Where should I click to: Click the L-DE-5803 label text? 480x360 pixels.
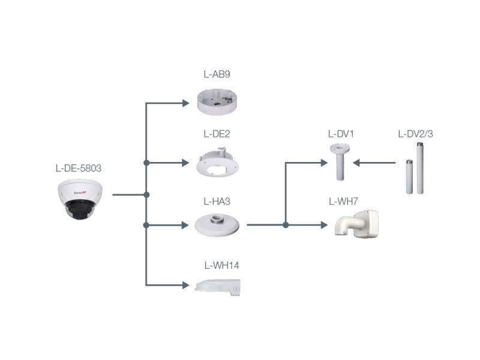pyautogui.click(x=78, y=168)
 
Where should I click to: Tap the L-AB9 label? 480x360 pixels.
pyautogui.click(x=217, y=75)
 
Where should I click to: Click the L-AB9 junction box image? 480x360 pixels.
pyautogui.click(x=218, y=101)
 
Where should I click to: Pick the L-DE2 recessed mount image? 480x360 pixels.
pyautogui.click(x=219, y=163)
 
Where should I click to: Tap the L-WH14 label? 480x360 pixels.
pyautogui.click(x=222, y=265)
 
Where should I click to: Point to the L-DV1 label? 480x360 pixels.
pyautogui.click(x=341, y=134)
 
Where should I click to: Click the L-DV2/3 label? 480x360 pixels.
pyautogui.click(x=415, y=134)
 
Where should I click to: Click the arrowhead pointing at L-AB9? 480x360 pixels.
pyautogui.click(x=186, y=104)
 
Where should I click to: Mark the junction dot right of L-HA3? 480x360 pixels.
pyautogui.click(x=286, y=225)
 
